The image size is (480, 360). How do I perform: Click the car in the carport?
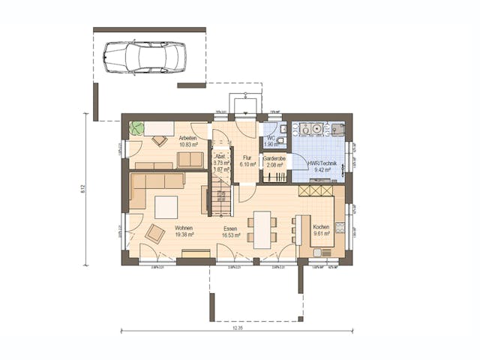(x=144, y=58)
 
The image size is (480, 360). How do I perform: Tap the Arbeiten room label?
(x=187, y=139)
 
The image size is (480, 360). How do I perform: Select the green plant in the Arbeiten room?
(x=136, y=128)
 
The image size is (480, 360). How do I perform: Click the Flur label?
(x=246, y=157)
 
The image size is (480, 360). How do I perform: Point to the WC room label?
(x=271, y=139)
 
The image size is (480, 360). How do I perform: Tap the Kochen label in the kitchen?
(x=321, y=226)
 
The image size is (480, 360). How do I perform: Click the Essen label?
(x=230, y=228)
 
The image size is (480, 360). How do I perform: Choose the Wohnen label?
(x=184, y=228)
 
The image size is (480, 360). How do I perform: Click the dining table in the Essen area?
(x=262, y=229)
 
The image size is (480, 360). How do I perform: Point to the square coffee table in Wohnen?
(x=166, y=207)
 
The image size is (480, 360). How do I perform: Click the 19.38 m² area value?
(x=184, y=235)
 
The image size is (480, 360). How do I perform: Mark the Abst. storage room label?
(x=220, y=156)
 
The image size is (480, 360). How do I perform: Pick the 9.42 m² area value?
(x=321, y=170)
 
